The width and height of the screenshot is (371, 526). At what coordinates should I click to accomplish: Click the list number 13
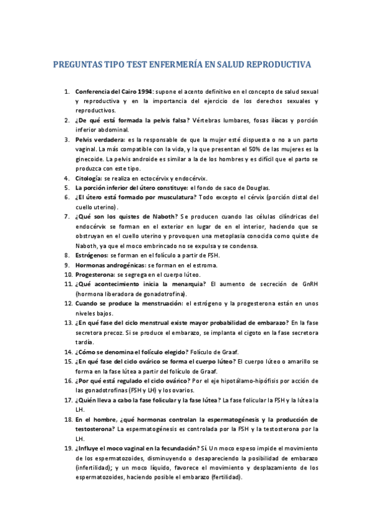[68, 323]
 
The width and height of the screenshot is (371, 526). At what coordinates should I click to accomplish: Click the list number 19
[68, 448]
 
